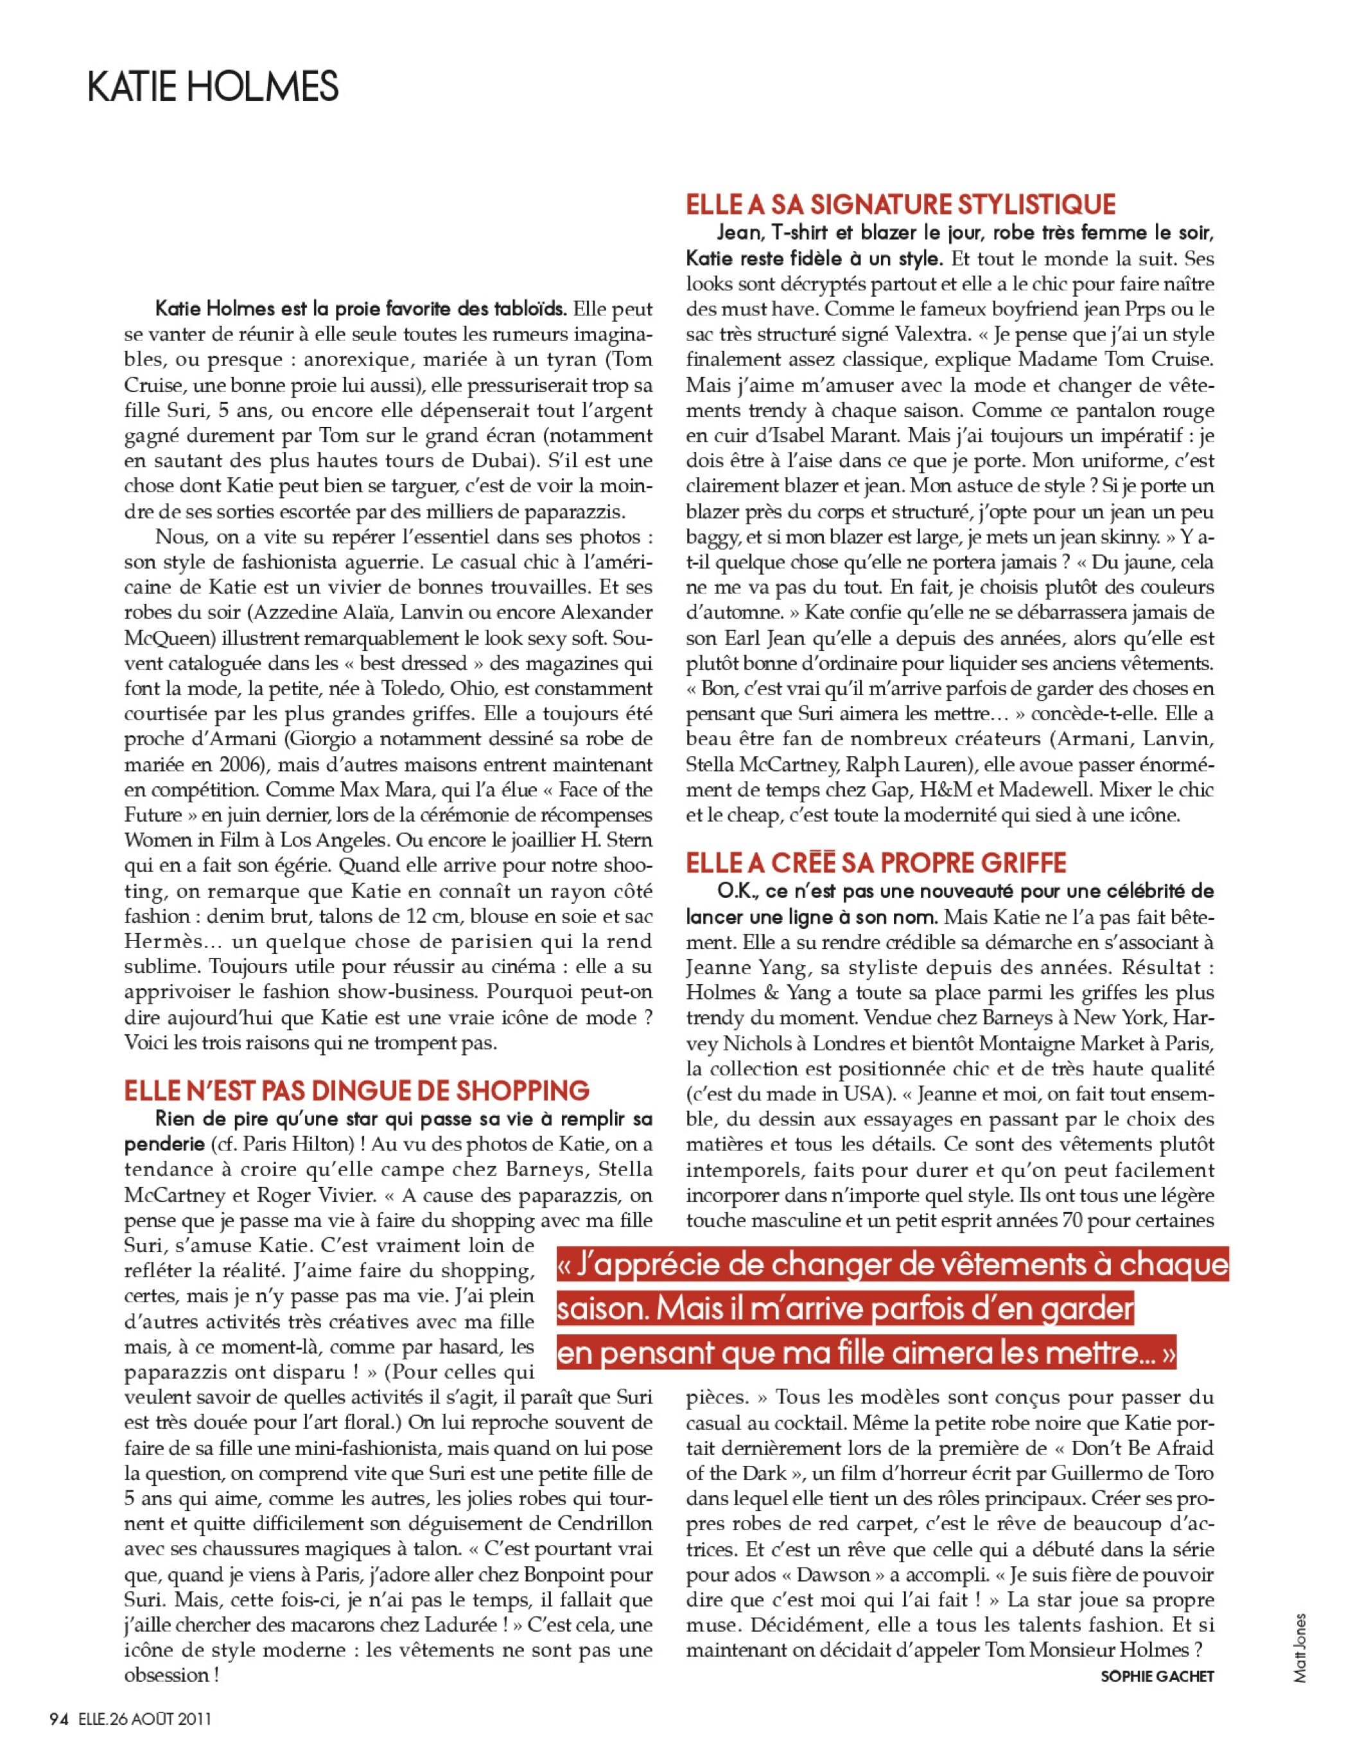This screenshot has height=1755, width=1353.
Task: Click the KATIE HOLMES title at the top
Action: [x=213, y=87]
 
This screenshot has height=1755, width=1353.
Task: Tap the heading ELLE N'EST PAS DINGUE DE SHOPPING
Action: [x=357, y=1090]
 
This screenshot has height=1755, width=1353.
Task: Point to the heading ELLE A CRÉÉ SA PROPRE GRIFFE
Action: [x=876, y=863]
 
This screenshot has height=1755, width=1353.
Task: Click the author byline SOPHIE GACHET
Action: [x=1157, y=1676]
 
